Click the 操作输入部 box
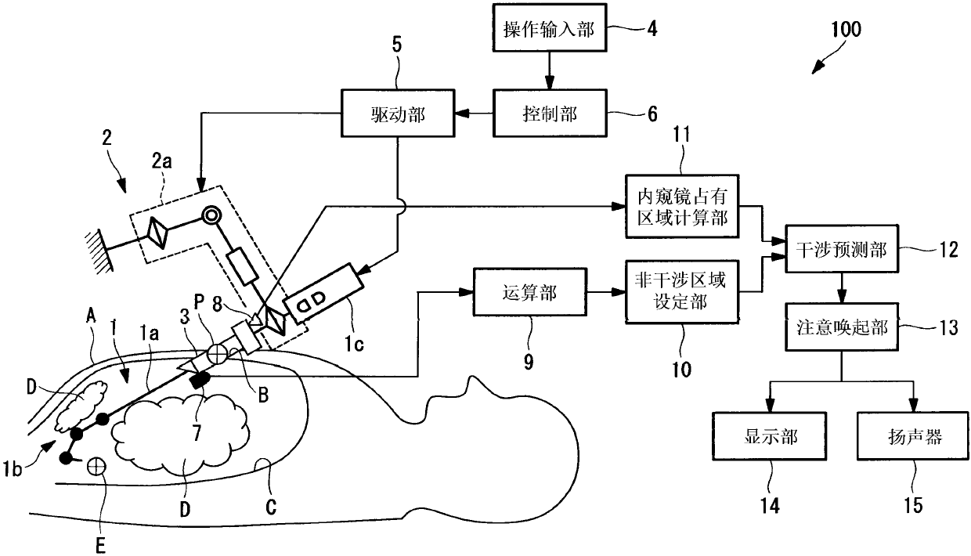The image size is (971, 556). tap(549, 28)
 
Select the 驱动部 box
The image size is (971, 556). tap(398, 114)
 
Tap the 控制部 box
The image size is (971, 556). tap(549, 114)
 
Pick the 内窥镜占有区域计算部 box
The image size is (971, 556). tap(682, 206)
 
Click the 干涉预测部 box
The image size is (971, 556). tap(841, 249)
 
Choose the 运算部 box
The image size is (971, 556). tap(529, 291)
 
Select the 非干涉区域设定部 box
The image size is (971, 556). tap(682, 291)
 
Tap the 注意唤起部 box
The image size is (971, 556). tap(841, 327)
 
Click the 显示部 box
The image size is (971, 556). tap(770, 436)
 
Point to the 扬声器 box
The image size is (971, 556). tap(913, 436)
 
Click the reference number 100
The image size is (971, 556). tap(846, 30)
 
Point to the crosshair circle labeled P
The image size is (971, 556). tap(217, 354)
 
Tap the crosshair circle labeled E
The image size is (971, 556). tap(96, 466)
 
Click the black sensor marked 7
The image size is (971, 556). tap(200, 381)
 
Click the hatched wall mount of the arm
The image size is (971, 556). tap(99, 251)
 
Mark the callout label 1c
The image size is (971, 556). tap(354, 344)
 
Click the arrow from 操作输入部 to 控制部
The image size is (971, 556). tap(549, 70)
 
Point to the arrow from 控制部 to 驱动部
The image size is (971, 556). tap(474, 114)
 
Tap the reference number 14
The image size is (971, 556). tap(770, 506)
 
